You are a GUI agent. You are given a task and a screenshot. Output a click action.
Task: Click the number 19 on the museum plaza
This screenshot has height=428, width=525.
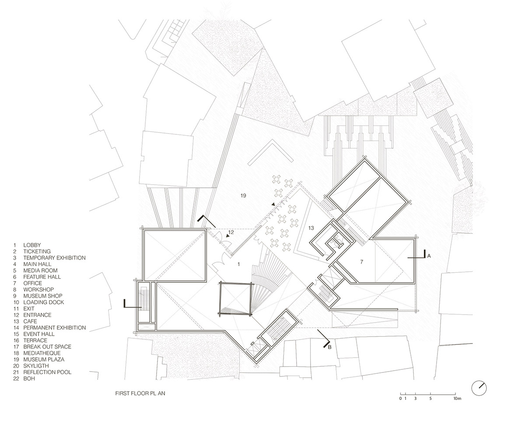243,196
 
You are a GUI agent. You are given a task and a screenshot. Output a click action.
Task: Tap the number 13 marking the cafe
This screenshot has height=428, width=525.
311,228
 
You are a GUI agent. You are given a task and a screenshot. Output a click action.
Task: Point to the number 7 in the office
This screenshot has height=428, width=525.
361,262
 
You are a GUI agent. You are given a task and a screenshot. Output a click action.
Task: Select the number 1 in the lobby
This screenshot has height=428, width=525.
238,264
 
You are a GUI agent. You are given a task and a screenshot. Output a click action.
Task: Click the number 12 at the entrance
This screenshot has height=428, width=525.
231,232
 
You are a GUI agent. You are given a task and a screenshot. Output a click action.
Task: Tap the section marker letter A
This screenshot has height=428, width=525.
429,256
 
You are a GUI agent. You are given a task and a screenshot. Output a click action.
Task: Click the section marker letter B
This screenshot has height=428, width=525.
329,347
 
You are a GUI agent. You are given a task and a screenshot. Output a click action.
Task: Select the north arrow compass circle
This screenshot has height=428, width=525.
479,388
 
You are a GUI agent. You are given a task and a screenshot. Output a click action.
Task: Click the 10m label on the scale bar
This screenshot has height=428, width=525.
457,398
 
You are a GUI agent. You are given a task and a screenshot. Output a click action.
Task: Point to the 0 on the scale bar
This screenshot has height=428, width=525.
400,398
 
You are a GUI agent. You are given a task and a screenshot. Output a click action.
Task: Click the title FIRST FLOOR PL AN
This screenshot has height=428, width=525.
140,393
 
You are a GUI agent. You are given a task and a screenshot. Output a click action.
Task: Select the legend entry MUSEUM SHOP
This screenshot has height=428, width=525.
43,296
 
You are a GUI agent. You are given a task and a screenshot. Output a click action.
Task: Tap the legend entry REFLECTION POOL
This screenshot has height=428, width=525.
47,372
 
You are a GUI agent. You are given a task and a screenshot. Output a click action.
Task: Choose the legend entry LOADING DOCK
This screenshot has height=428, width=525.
44,302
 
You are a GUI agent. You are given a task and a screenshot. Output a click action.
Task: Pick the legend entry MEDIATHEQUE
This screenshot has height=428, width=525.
42,353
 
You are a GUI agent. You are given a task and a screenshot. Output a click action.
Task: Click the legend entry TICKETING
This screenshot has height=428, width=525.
37,252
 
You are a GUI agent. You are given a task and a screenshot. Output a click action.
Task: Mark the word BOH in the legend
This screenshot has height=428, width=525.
29,379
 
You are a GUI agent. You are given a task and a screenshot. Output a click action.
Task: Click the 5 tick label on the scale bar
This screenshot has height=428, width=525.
430,398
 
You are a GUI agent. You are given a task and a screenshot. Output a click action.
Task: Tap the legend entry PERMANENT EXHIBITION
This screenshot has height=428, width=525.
55,328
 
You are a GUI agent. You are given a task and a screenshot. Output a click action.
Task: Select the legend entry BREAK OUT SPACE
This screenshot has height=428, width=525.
47,347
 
